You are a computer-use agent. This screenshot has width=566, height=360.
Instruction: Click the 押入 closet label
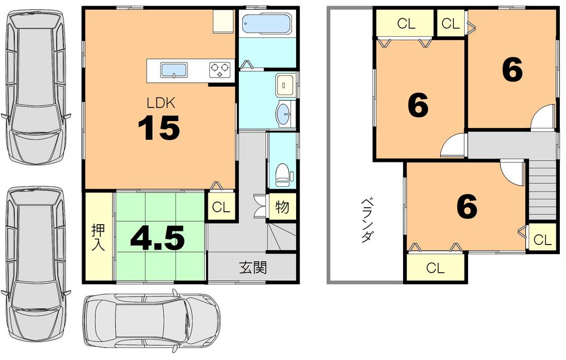tap(98, 237)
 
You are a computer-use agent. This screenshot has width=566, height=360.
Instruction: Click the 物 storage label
tap(282, 207)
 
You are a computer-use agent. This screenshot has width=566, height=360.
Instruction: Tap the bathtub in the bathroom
tap(265, 25)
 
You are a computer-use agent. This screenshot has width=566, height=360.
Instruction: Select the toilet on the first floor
tap(282, 173)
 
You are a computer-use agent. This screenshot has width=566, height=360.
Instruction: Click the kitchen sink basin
tap(173, 71)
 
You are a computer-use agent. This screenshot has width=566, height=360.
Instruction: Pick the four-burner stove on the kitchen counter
tap(221, 70)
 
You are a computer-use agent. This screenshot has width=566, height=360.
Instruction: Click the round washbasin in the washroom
tap(283, 113)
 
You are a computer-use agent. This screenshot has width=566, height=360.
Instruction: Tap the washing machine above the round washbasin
tap(283, 85)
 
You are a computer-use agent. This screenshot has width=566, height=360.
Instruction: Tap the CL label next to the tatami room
tap(221, 207)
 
